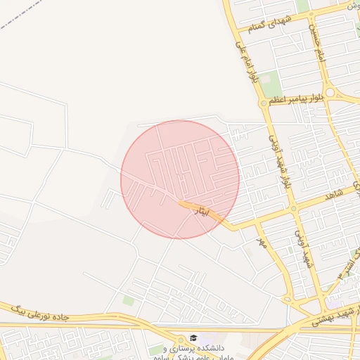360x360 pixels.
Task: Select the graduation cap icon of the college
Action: click(194, 337)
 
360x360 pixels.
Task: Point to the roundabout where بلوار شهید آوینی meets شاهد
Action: click(293, 209)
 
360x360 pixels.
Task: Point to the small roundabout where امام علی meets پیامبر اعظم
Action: click(263, 103)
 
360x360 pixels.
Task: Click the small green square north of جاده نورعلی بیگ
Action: click(128, 300)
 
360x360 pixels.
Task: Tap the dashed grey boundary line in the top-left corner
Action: click(21, 15)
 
